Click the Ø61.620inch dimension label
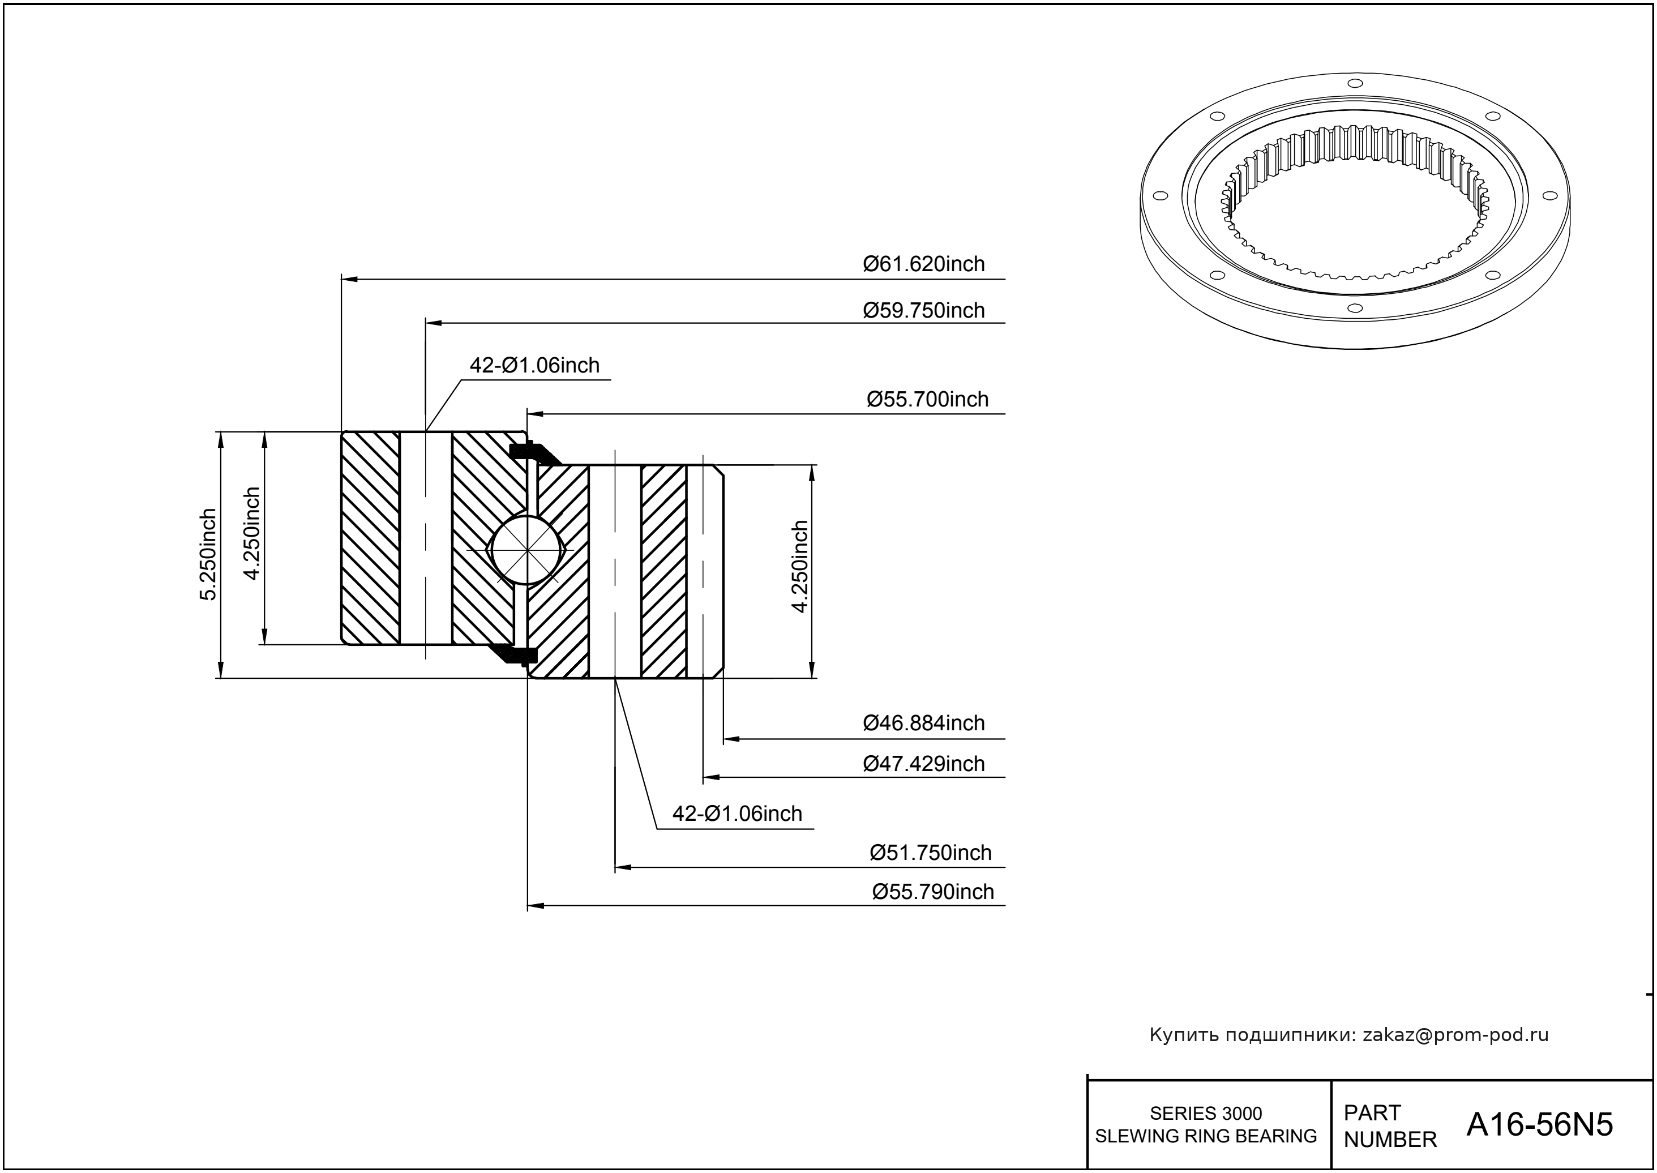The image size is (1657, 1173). (924, 264)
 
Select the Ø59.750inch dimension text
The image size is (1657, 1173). (924, 311)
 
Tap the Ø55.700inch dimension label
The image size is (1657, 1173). (927, 400)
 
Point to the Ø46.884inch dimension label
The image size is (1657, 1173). (924, 723)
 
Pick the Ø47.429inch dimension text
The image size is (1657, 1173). (924, 764)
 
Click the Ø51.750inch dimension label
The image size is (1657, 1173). (930, 853)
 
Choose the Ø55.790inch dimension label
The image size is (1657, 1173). (934, 892)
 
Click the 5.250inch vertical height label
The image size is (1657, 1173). (208, 554)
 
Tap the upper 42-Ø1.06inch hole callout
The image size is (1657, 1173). (534, 366)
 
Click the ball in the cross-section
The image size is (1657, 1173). (526, 550)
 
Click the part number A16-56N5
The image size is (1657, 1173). (1539, 1125)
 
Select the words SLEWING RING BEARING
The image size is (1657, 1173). (1206, 1136)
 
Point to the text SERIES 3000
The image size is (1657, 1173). (1206, 1113)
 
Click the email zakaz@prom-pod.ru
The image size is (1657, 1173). (1455, 1035)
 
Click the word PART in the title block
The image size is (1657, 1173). (1372, 1113)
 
